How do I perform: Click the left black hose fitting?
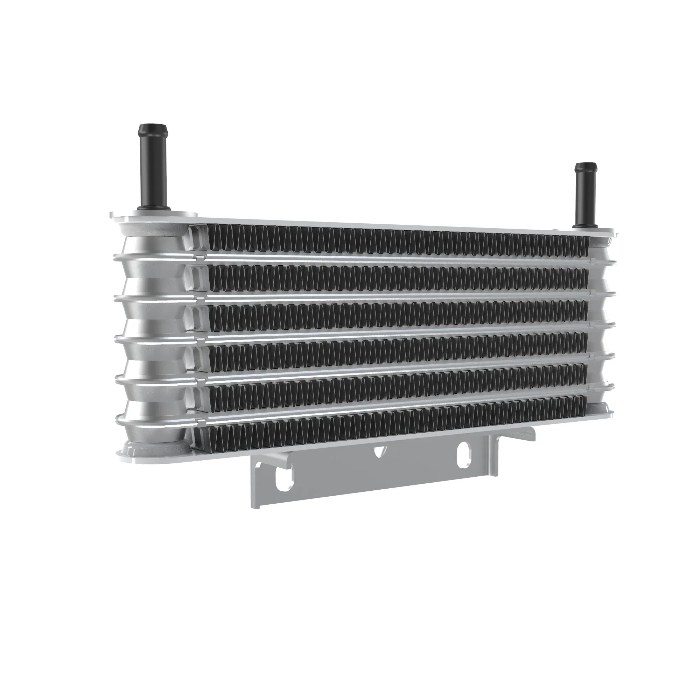pos(152,170)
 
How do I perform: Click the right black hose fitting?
pos(586,199)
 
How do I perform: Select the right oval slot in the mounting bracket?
pos(464,454)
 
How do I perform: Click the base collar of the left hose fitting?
pos(153,209)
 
